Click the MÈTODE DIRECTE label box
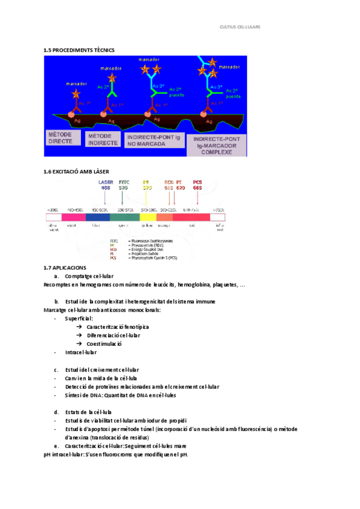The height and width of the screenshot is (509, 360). point(63,138)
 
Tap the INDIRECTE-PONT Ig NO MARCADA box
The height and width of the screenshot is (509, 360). point(153,140)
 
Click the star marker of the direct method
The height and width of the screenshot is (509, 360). point(76,94)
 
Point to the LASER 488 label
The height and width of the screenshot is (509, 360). point(105,184)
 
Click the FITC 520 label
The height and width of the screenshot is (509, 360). point(124,184)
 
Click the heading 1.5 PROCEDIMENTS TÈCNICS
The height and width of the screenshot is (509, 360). point(79,50)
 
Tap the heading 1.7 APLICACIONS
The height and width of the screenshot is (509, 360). point(65,267)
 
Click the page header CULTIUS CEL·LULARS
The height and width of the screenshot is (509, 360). point(241,27)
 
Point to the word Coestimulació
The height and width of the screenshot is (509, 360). point(104,344)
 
